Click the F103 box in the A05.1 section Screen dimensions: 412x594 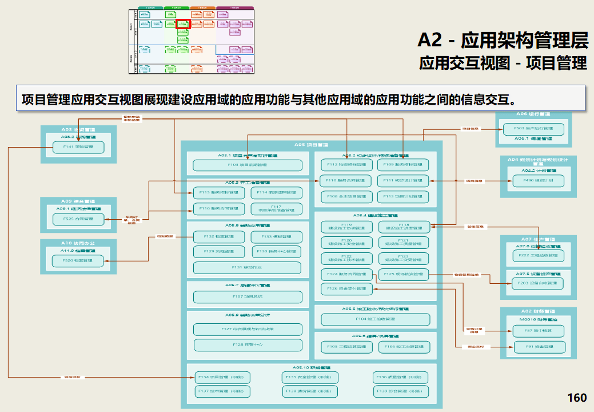[x=247, y=165]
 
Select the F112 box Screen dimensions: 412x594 [x=343, y=165]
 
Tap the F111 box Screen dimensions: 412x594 [x=403, y=181]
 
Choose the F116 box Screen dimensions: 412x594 [x=219, y=209]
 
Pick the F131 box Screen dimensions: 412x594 [x=247, y=267]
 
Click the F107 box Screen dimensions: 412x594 [x=247, y=296]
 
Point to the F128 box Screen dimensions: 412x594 [x=247, y=344]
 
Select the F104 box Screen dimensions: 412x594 [x=375, y=319]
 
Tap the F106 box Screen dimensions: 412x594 [x=403, y=347]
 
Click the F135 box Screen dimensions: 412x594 [x=310, y=378]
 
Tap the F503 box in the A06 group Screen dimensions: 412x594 [x=533, y=129]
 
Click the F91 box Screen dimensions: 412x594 [x=539, y=347]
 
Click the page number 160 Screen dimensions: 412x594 [x=577, y=398]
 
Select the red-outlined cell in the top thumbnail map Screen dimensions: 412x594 [x=183, y=24]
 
